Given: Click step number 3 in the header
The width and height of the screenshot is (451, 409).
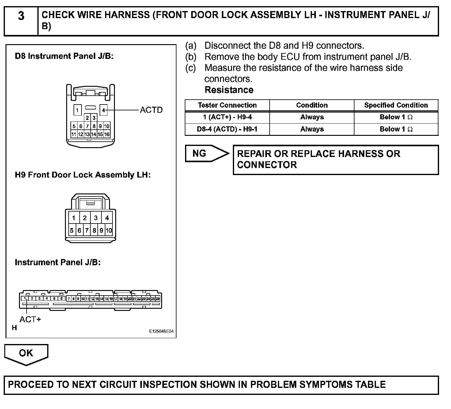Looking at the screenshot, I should (x=21, y=16).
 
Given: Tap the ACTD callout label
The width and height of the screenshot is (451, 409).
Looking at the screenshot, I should (x=151, y=110).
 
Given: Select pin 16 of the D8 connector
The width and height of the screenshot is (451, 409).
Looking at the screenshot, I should (x=107, y=134).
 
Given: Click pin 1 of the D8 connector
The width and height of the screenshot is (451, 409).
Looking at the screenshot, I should (x=78, y=110).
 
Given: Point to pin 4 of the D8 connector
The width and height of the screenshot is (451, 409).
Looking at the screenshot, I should (x=104, y=110).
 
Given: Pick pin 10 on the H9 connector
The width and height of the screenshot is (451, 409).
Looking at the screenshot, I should (x=109, y=231).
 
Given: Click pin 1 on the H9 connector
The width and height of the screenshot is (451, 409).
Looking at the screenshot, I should (x=74, y=218).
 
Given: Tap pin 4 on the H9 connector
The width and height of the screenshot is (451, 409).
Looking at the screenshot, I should (x=107, y=218).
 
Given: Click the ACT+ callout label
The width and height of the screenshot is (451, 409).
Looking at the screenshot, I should (x=30, y=319).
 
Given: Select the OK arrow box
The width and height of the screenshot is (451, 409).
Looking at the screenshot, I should (x=26, y=353).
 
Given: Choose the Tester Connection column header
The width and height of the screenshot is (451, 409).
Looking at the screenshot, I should (x=227, y=105).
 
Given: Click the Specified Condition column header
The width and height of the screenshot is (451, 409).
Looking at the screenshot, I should (x=396, y=105).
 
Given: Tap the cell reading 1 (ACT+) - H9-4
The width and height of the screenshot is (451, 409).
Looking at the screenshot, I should (x=227, y=117).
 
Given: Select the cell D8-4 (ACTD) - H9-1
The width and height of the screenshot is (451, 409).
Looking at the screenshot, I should (x=227, y=129).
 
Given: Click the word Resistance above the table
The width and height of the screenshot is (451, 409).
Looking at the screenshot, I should (x=229, y=90).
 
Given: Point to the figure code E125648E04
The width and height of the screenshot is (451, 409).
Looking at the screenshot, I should (x=161, y=331).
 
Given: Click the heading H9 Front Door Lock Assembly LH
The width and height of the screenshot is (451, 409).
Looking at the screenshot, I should (x=83, y=175).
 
